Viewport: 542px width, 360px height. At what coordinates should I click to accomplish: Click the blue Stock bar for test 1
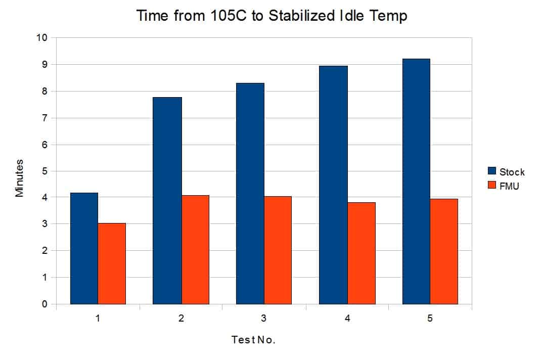tap(84, 248)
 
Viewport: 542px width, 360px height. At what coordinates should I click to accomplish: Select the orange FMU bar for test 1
tap(112, 263)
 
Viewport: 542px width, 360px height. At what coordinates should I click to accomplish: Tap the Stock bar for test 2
tap(167, 201)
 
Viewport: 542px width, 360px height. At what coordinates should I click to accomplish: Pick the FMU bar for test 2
tap(196, 250)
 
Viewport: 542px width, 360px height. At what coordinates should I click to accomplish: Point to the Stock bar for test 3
tap(250, 194)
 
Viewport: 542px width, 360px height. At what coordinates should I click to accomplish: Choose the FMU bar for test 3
tap(278, 250)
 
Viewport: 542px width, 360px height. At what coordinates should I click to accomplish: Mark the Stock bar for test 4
tap(333, 185)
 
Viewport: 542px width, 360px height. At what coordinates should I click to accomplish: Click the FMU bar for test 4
tap(362, 253)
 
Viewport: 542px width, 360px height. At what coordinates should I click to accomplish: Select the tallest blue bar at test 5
tap(417, 182)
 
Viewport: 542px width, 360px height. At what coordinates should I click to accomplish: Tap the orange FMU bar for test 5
tap(444, 251)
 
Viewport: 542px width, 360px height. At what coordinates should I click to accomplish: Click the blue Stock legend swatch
tap(492, 171)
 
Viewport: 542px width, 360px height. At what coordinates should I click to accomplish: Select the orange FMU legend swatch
tap(492, 185)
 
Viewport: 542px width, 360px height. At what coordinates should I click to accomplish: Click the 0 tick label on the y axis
tap(44, 304)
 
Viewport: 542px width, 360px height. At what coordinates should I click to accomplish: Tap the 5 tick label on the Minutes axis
tap(44, 171)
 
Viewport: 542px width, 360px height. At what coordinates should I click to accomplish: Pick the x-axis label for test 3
tap(264, 318)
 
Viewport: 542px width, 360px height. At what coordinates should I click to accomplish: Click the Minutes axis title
tap(19, 178)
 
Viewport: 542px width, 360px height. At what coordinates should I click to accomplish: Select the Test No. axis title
tap(253, 340)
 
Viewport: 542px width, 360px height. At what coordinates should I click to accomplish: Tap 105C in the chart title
tap(228, 16)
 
